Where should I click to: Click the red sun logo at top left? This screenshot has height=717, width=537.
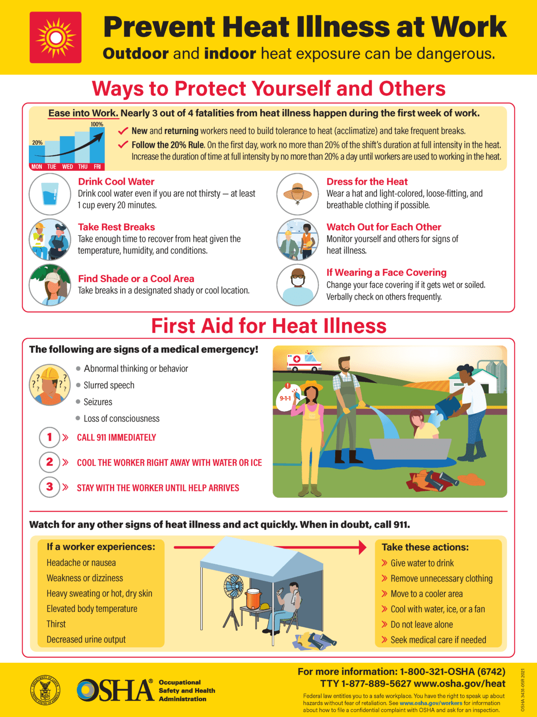[x=55, y=37]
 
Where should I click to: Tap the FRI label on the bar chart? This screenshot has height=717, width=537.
[x=97, y=167]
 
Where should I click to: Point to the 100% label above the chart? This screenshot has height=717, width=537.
[x=97, y=124]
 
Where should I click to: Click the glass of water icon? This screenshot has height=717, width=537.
[x=50, y=194]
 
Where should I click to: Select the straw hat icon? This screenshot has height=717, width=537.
[x=297, y=194]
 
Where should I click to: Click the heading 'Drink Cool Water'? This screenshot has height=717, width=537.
[x=116, y=182]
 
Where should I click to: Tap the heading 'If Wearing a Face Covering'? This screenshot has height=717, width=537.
[x=386, y=273]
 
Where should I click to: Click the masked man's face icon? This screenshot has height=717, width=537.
[x=297, y=285]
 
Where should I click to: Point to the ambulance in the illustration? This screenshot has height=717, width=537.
[x=304, y=361]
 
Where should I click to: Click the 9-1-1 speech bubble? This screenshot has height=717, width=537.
[x=285, y=398]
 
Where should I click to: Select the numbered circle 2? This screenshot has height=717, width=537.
[x=50, y=462]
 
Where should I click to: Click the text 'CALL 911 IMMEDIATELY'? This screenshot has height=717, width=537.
[x=116, y=437]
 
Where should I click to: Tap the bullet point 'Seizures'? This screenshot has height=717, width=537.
[x=98, y=402]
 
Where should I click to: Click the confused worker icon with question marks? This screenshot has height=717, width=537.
[x=50, y=385]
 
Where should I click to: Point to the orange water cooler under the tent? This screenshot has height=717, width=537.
[x=254, y=598]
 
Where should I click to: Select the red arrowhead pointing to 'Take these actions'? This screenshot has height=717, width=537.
[x=363, y=547]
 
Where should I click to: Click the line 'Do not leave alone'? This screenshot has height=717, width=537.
[x=421, y=625]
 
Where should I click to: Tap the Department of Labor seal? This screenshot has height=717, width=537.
[x=45, y=690]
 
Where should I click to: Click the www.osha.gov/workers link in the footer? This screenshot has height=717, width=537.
[x=431, y=703]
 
